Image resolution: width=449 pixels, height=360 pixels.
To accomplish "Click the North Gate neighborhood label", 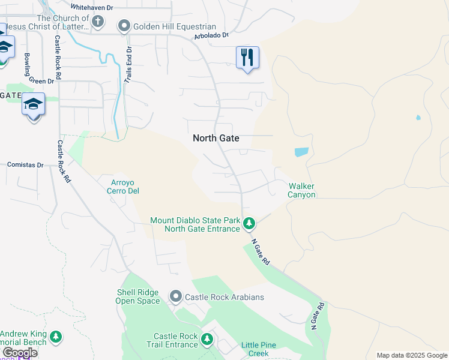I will (x=215, y=138).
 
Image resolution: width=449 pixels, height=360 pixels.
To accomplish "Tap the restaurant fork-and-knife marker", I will (x=247, y=58).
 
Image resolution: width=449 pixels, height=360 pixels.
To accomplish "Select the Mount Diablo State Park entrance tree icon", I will (x=249, y=224).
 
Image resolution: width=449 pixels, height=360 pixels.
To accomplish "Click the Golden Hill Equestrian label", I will (x=174, y=26).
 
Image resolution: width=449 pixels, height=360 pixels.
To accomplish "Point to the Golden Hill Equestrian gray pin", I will (x=124, y=26).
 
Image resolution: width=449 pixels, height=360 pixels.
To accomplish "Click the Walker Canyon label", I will (x=301, y=191).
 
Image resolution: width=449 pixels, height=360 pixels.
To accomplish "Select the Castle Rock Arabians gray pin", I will (x=176, y=296).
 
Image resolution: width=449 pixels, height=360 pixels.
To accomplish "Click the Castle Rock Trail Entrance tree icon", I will (x=207, y=340).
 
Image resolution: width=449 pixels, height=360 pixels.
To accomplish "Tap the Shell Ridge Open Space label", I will (x=138, y=296).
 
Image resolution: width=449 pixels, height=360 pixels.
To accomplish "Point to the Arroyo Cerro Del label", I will (x=125, y=187).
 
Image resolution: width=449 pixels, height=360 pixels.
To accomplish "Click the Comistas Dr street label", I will (x=25, y=164).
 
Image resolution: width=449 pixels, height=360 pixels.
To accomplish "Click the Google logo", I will (x=20, y=353).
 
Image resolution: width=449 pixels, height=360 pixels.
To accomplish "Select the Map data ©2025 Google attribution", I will (x=411, y=355).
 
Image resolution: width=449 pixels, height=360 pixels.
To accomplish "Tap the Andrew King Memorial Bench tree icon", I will (x=56, y=337).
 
